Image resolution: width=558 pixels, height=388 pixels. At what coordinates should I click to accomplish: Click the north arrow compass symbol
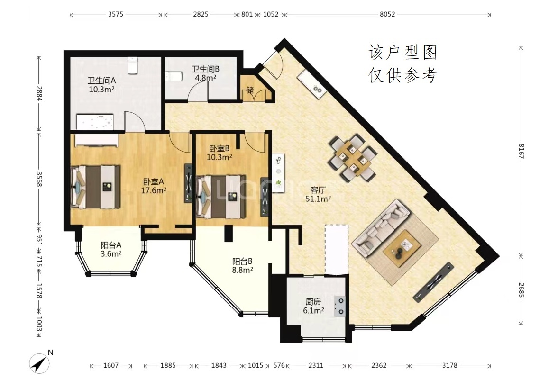point(39,363)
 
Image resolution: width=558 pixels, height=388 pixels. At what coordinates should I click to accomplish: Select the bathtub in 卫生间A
point(95,122)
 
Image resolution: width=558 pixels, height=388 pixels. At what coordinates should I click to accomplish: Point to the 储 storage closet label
point(250,90)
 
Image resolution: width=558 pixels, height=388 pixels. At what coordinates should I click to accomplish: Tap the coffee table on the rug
point(402,248)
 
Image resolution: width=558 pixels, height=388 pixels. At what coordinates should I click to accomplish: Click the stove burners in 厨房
point(340,306)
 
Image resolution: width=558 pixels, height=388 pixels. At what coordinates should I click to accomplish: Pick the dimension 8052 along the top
point(387,15)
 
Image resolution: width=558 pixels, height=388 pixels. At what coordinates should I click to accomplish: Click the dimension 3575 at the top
point(115,15)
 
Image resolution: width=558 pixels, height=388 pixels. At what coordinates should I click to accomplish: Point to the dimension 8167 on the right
point(521,151)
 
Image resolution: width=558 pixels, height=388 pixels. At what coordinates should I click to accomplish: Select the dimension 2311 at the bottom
point(316,365)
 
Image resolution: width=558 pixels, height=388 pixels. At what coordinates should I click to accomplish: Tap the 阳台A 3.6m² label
point(111,249)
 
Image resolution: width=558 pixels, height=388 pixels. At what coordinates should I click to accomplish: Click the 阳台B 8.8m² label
point(242,266)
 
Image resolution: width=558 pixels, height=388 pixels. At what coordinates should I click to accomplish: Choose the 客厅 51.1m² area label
point(318,194)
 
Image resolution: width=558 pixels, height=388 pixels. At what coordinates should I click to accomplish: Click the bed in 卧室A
point(95,187)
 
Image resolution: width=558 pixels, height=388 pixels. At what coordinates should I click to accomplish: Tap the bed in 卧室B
point(221,196)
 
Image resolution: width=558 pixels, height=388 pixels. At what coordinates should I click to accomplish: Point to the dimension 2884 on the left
point(39,94)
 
